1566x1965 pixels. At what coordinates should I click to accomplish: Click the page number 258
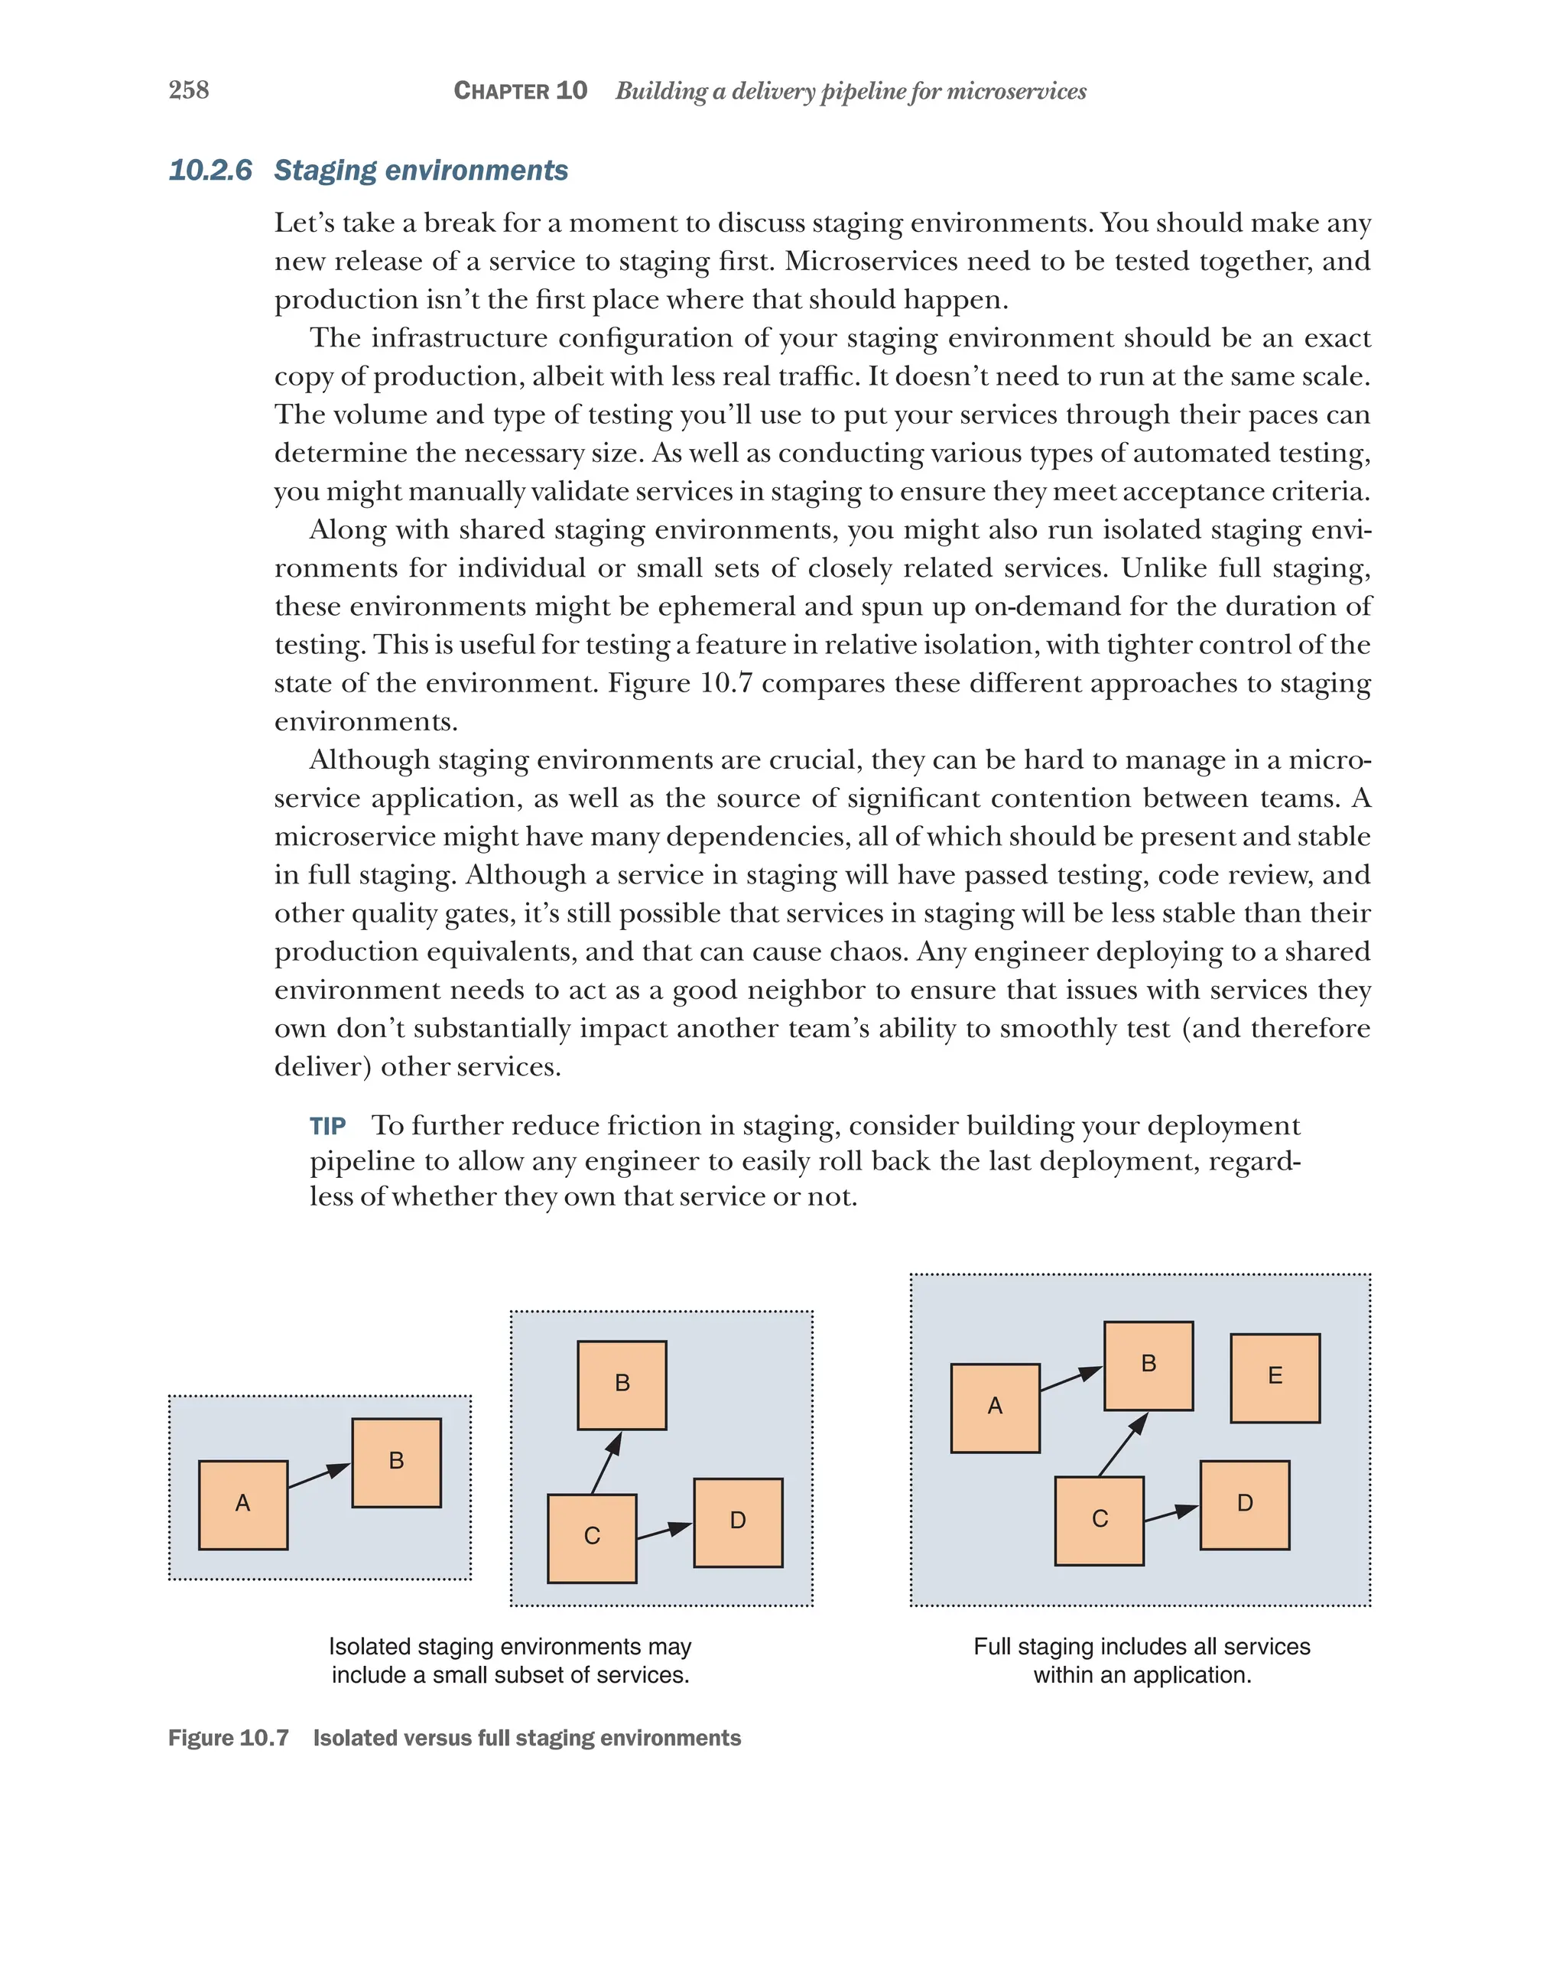point(189,89)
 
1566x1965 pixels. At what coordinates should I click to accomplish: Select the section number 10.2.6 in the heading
point(210,171)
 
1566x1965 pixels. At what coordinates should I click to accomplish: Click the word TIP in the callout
point(327,1127)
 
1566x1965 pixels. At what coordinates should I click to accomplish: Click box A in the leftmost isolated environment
point(243,1505)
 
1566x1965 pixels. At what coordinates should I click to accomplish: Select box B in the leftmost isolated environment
point(396,1462)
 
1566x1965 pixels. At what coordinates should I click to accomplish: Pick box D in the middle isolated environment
point(738,1522)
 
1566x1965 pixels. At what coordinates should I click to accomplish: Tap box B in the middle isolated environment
point(622,1384)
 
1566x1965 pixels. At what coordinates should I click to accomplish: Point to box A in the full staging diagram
point(995,1407)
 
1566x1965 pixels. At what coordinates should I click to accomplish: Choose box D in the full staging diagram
point(1244,1505)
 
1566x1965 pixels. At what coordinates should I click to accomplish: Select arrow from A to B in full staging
point(1071,1379)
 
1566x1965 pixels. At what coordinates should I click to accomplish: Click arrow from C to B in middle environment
point(606,1462)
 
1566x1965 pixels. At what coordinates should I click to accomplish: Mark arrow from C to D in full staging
point(1171,1514)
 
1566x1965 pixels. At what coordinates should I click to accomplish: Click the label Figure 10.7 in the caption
point(229,1738)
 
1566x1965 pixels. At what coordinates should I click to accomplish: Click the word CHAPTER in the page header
point(501,91)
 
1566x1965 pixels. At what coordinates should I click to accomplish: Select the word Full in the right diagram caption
point(991,1647)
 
